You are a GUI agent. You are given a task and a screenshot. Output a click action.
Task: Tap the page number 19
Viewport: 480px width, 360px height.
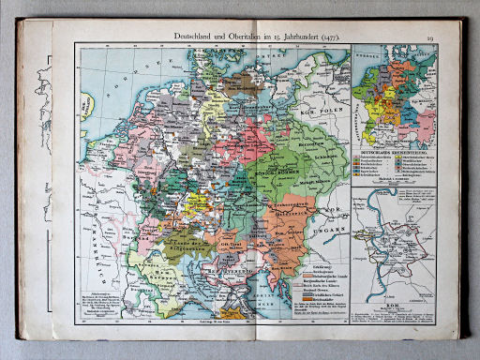[454, 36]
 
